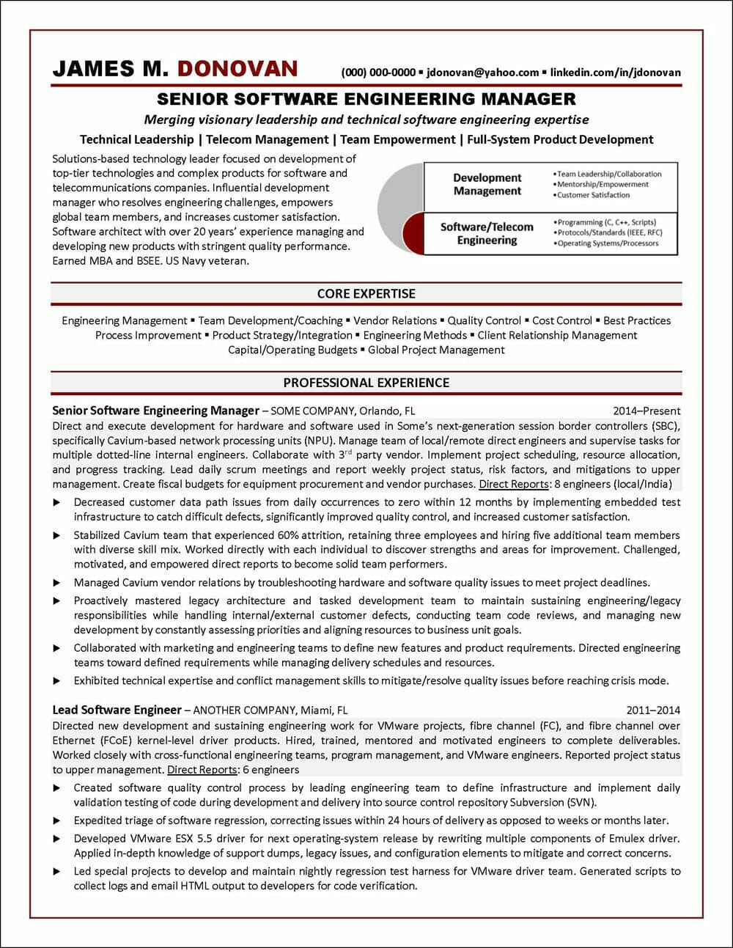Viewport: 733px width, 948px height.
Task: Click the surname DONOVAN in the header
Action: pos(237,70)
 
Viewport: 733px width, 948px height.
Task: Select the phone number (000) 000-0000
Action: pos(378,73)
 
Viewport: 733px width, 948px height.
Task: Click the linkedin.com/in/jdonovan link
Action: pos(615,73)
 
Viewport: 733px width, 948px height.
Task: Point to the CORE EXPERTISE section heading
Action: pos(366,294)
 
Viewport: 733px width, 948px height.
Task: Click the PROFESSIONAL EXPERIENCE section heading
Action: pos(366,383)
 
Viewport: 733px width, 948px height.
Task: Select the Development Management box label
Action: pos(487,185)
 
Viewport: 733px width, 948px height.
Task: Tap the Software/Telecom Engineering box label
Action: pos(487,233)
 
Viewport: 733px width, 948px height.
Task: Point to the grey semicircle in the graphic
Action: pos(399,187)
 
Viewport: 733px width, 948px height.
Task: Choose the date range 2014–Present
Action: pos(646,411)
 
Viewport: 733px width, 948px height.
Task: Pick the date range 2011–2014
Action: pos(653,710)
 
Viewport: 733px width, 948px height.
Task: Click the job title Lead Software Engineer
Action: pos(117,710)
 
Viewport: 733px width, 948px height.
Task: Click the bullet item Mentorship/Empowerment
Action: pos(603,185)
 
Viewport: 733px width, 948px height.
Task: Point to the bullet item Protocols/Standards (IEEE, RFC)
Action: pos(607,232)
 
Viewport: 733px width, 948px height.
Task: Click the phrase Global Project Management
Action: pos(436,350)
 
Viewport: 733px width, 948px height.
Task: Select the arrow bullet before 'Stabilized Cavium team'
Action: pos(57,535)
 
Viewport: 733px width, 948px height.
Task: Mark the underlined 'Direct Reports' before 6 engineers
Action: pos(202,770)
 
